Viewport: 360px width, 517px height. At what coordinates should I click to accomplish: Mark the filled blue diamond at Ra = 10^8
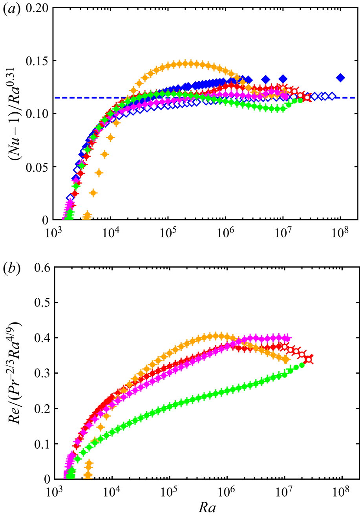340,78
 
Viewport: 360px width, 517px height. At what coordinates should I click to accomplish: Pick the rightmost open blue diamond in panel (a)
333,96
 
